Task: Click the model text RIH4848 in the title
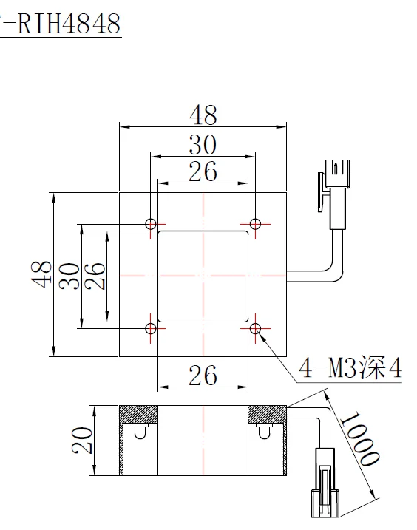(x=67, y=24)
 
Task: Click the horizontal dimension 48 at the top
(x=203, y=115)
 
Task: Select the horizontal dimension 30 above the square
(x=203, y=144)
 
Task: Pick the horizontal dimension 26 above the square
(x=203, y=171)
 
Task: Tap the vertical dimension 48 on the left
(x=42, y=274)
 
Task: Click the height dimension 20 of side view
(x=83, y=441)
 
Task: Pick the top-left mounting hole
(x=151, y=223)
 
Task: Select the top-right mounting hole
(x=256, y=223)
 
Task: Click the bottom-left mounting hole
(x=151, y=327)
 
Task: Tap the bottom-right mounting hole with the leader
(x=256, y=327)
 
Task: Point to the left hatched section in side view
(x=139, y=415)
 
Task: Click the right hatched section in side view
(x=266, y=415)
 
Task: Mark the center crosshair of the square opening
(x=203, y=275)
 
